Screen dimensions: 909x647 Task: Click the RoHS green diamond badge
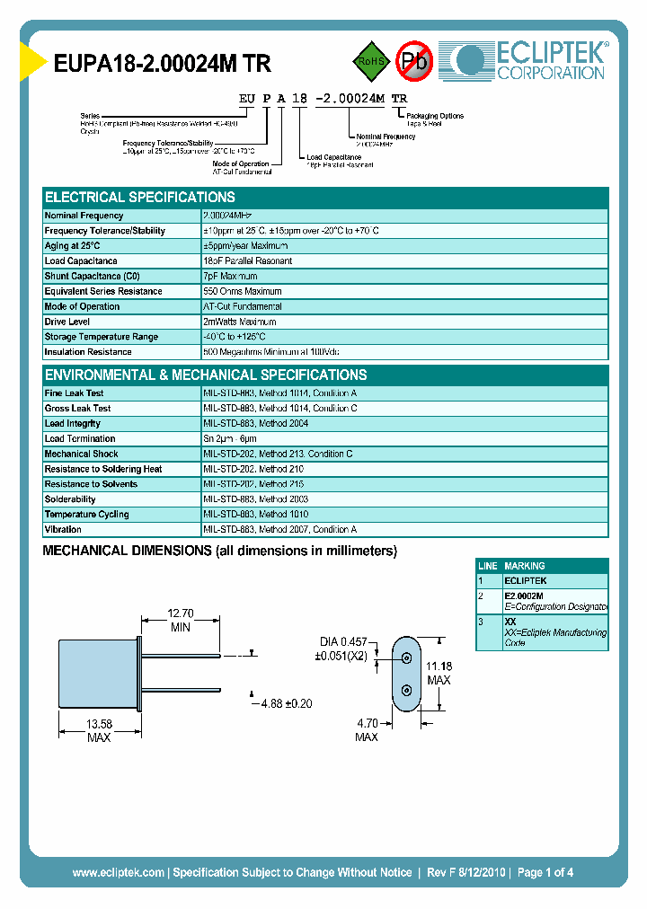[x=369, y=61]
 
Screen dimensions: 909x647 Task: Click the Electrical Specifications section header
[x=140, y=197]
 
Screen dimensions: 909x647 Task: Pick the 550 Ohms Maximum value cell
[x=243, y=291]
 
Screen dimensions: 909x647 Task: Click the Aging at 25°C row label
[x=73, y=245]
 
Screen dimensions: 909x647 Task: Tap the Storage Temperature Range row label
[x=102, y=337]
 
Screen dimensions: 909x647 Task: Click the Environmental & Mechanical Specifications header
[x=206, y=375]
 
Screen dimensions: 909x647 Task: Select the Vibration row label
[x=63, y=530]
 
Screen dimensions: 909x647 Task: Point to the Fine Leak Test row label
[x=75, y=393]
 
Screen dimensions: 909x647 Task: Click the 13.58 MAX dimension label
[x=99, y=729]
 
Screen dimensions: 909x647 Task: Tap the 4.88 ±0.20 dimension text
[x=286, y=703]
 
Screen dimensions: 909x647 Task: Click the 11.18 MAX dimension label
[x=439, y=672]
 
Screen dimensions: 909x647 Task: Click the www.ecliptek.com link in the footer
[x=118, y=872]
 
